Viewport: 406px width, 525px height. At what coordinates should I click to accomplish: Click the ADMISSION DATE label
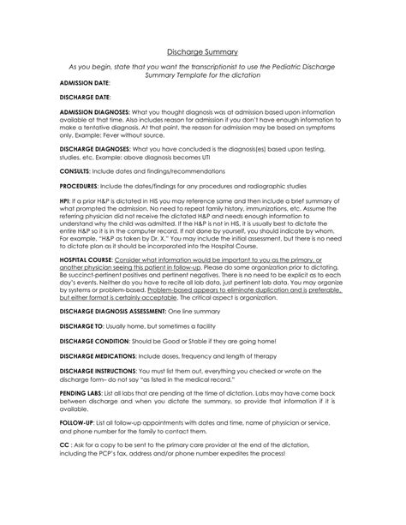coord(84,87)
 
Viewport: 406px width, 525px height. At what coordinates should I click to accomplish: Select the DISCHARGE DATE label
coord(84,98)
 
